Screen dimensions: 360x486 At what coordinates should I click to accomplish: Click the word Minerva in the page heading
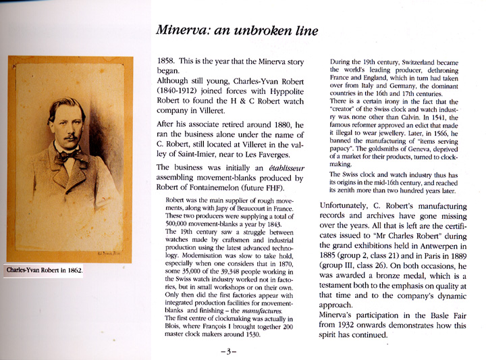coord(180,30)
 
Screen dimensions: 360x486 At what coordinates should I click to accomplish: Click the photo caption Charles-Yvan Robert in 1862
coord(44,270)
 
